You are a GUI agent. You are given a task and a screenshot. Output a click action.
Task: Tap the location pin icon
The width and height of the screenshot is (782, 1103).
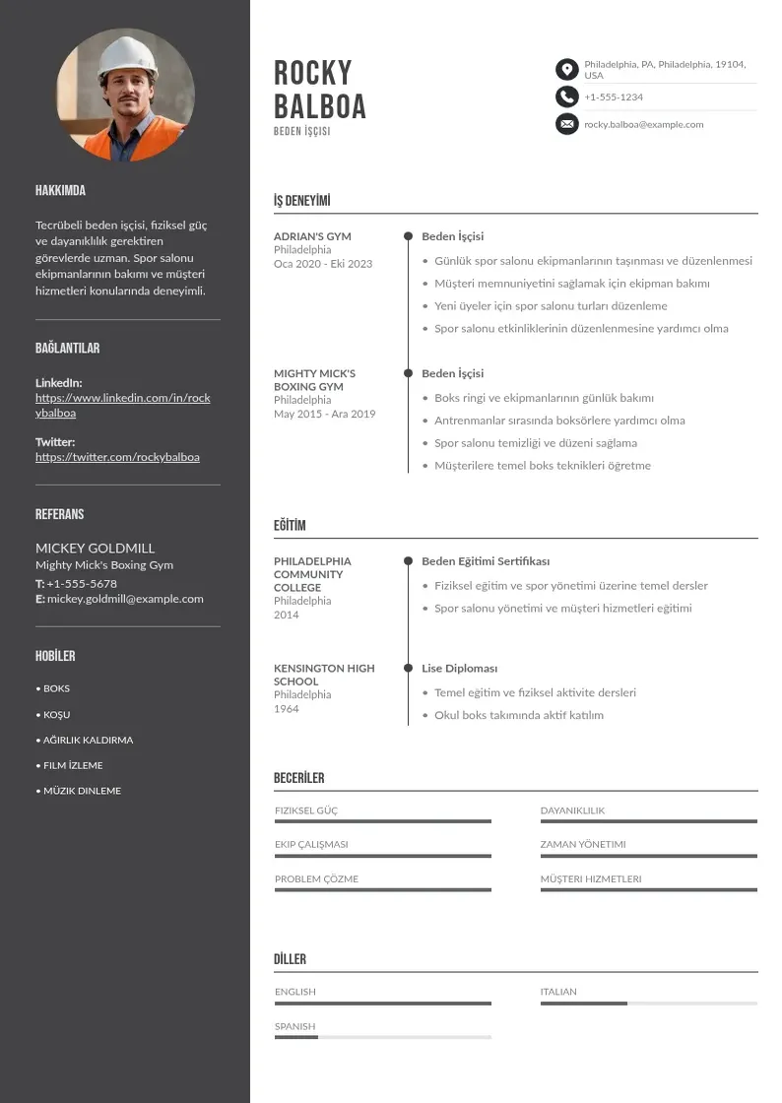click(x=566, y=69)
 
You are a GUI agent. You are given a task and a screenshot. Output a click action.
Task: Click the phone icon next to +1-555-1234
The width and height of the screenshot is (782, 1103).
click(x=566, y=97)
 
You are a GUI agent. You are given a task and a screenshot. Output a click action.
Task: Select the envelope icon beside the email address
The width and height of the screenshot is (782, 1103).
click(x=566, y=124)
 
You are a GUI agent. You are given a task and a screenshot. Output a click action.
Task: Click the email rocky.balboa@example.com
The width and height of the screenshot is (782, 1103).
click(x=643, y=125)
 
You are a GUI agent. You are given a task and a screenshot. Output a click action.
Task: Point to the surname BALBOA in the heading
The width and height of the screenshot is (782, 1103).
click(x=319, y=106)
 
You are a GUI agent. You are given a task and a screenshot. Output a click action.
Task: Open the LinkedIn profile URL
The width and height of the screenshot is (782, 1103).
click(x=122, y=405)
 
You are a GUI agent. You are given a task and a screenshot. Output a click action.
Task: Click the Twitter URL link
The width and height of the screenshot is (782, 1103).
click(x=117, y=457)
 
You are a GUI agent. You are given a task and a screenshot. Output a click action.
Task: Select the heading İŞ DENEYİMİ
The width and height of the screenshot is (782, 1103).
click(x=301, y=201)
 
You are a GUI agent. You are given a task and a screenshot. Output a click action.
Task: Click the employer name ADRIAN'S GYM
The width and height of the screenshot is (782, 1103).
click(x=312, y=236)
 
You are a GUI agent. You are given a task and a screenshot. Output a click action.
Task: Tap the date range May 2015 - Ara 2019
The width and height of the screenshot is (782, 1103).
click(x=324, y=415)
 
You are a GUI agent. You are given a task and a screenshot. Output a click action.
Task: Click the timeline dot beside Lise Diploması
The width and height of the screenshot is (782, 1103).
click(x=408, y=668)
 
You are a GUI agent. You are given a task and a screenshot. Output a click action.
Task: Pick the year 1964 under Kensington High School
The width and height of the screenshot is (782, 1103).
click(x=287, y=709)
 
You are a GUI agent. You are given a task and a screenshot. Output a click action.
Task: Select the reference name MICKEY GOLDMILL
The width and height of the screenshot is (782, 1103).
click(x=95, y=548)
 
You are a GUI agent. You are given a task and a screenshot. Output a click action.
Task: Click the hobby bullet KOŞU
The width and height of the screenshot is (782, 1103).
click(x=56, y=714)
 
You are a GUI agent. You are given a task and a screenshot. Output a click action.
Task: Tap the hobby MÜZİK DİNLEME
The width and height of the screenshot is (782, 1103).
click(x=82, y=791)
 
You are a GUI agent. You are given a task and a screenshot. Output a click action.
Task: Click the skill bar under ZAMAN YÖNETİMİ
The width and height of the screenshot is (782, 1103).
click(x=648, y=856)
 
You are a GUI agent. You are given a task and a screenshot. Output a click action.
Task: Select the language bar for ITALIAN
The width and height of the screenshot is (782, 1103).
click(x=648, y=1004)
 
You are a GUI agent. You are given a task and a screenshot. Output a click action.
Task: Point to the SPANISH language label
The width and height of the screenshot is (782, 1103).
click(x=294, y=1026)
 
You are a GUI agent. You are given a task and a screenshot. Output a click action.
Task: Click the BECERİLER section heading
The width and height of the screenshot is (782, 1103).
click(x=298, y=778)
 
